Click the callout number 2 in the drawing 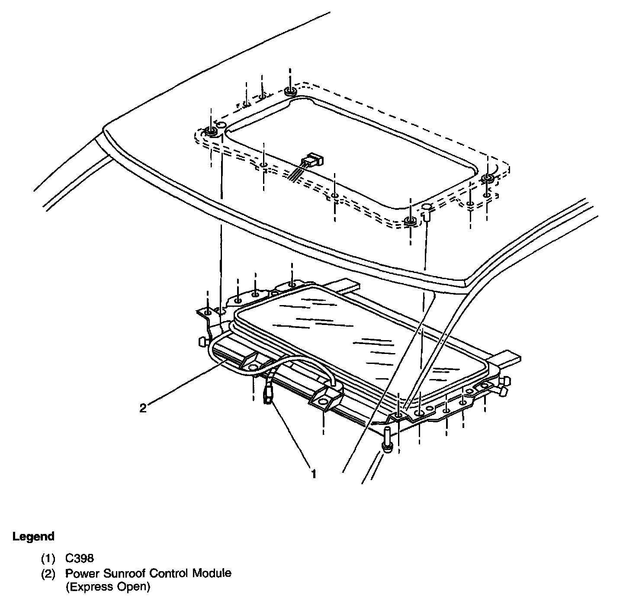143,408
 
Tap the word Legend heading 34,537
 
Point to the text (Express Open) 108,587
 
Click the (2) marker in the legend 48,573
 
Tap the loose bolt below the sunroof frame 387,440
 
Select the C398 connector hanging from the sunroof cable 267,392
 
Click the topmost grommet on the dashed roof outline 290,91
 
